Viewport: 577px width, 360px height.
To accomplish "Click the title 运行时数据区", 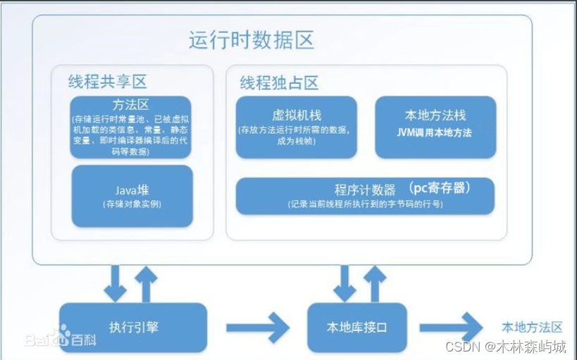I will coord(251,40).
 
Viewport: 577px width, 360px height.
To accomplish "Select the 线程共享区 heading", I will coord(107,81).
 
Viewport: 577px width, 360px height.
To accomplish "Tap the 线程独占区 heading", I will coord(279,82).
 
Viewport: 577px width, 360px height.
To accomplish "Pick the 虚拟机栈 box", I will coord(296,127).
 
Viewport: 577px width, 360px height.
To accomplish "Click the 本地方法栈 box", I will coord(435,127).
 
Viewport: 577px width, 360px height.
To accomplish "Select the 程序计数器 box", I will coord(364,195).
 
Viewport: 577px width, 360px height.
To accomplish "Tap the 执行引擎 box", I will coord(132,328).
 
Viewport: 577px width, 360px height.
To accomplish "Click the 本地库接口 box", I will coord(357,328).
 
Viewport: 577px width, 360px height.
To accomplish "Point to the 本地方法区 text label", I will coord(532,328).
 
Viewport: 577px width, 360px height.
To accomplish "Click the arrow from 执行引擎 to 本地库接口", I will coord(258,328).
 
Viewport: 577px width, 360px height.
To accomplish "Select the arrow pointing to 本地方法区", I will coord(451,328).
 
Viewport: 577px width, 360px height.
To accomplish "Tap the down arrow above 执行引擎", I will coord(114,283).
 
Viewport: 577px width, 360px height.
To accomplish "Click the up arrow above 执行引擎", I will coord(146,283).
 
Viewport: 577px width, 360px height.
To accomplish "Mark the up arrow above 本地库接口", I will coord(374,283).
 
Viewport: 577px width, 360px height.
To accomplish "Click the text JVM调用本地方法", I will coord(435,132).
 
